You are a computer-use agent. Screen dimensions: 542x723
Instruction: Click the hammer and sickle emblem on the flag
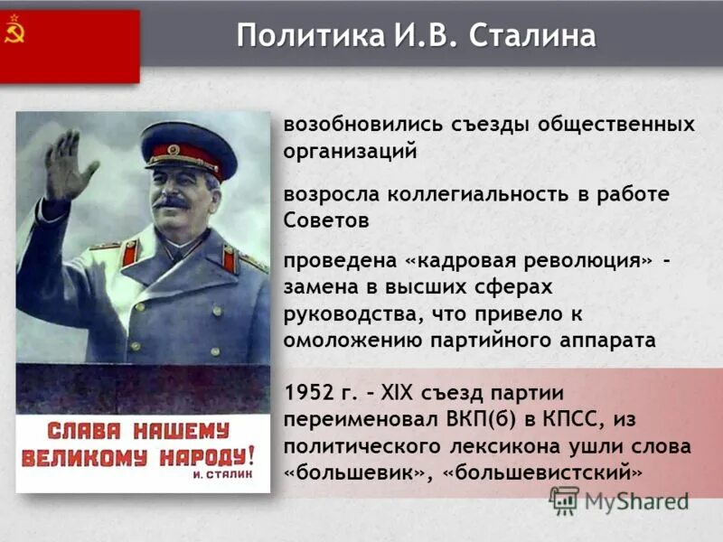(x=14, y=33)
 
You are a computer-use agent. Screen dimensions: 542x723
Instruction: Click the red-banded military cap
(x=188, y=148)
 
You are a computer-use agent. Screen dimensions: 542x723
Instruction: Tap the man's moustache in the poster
(x=171, y=203)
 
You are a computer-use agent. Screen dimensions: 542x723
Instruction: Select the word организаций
(x=350, y=151)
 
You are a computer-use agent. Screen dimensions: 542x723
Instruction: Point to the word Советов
(x=326, y=220)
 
